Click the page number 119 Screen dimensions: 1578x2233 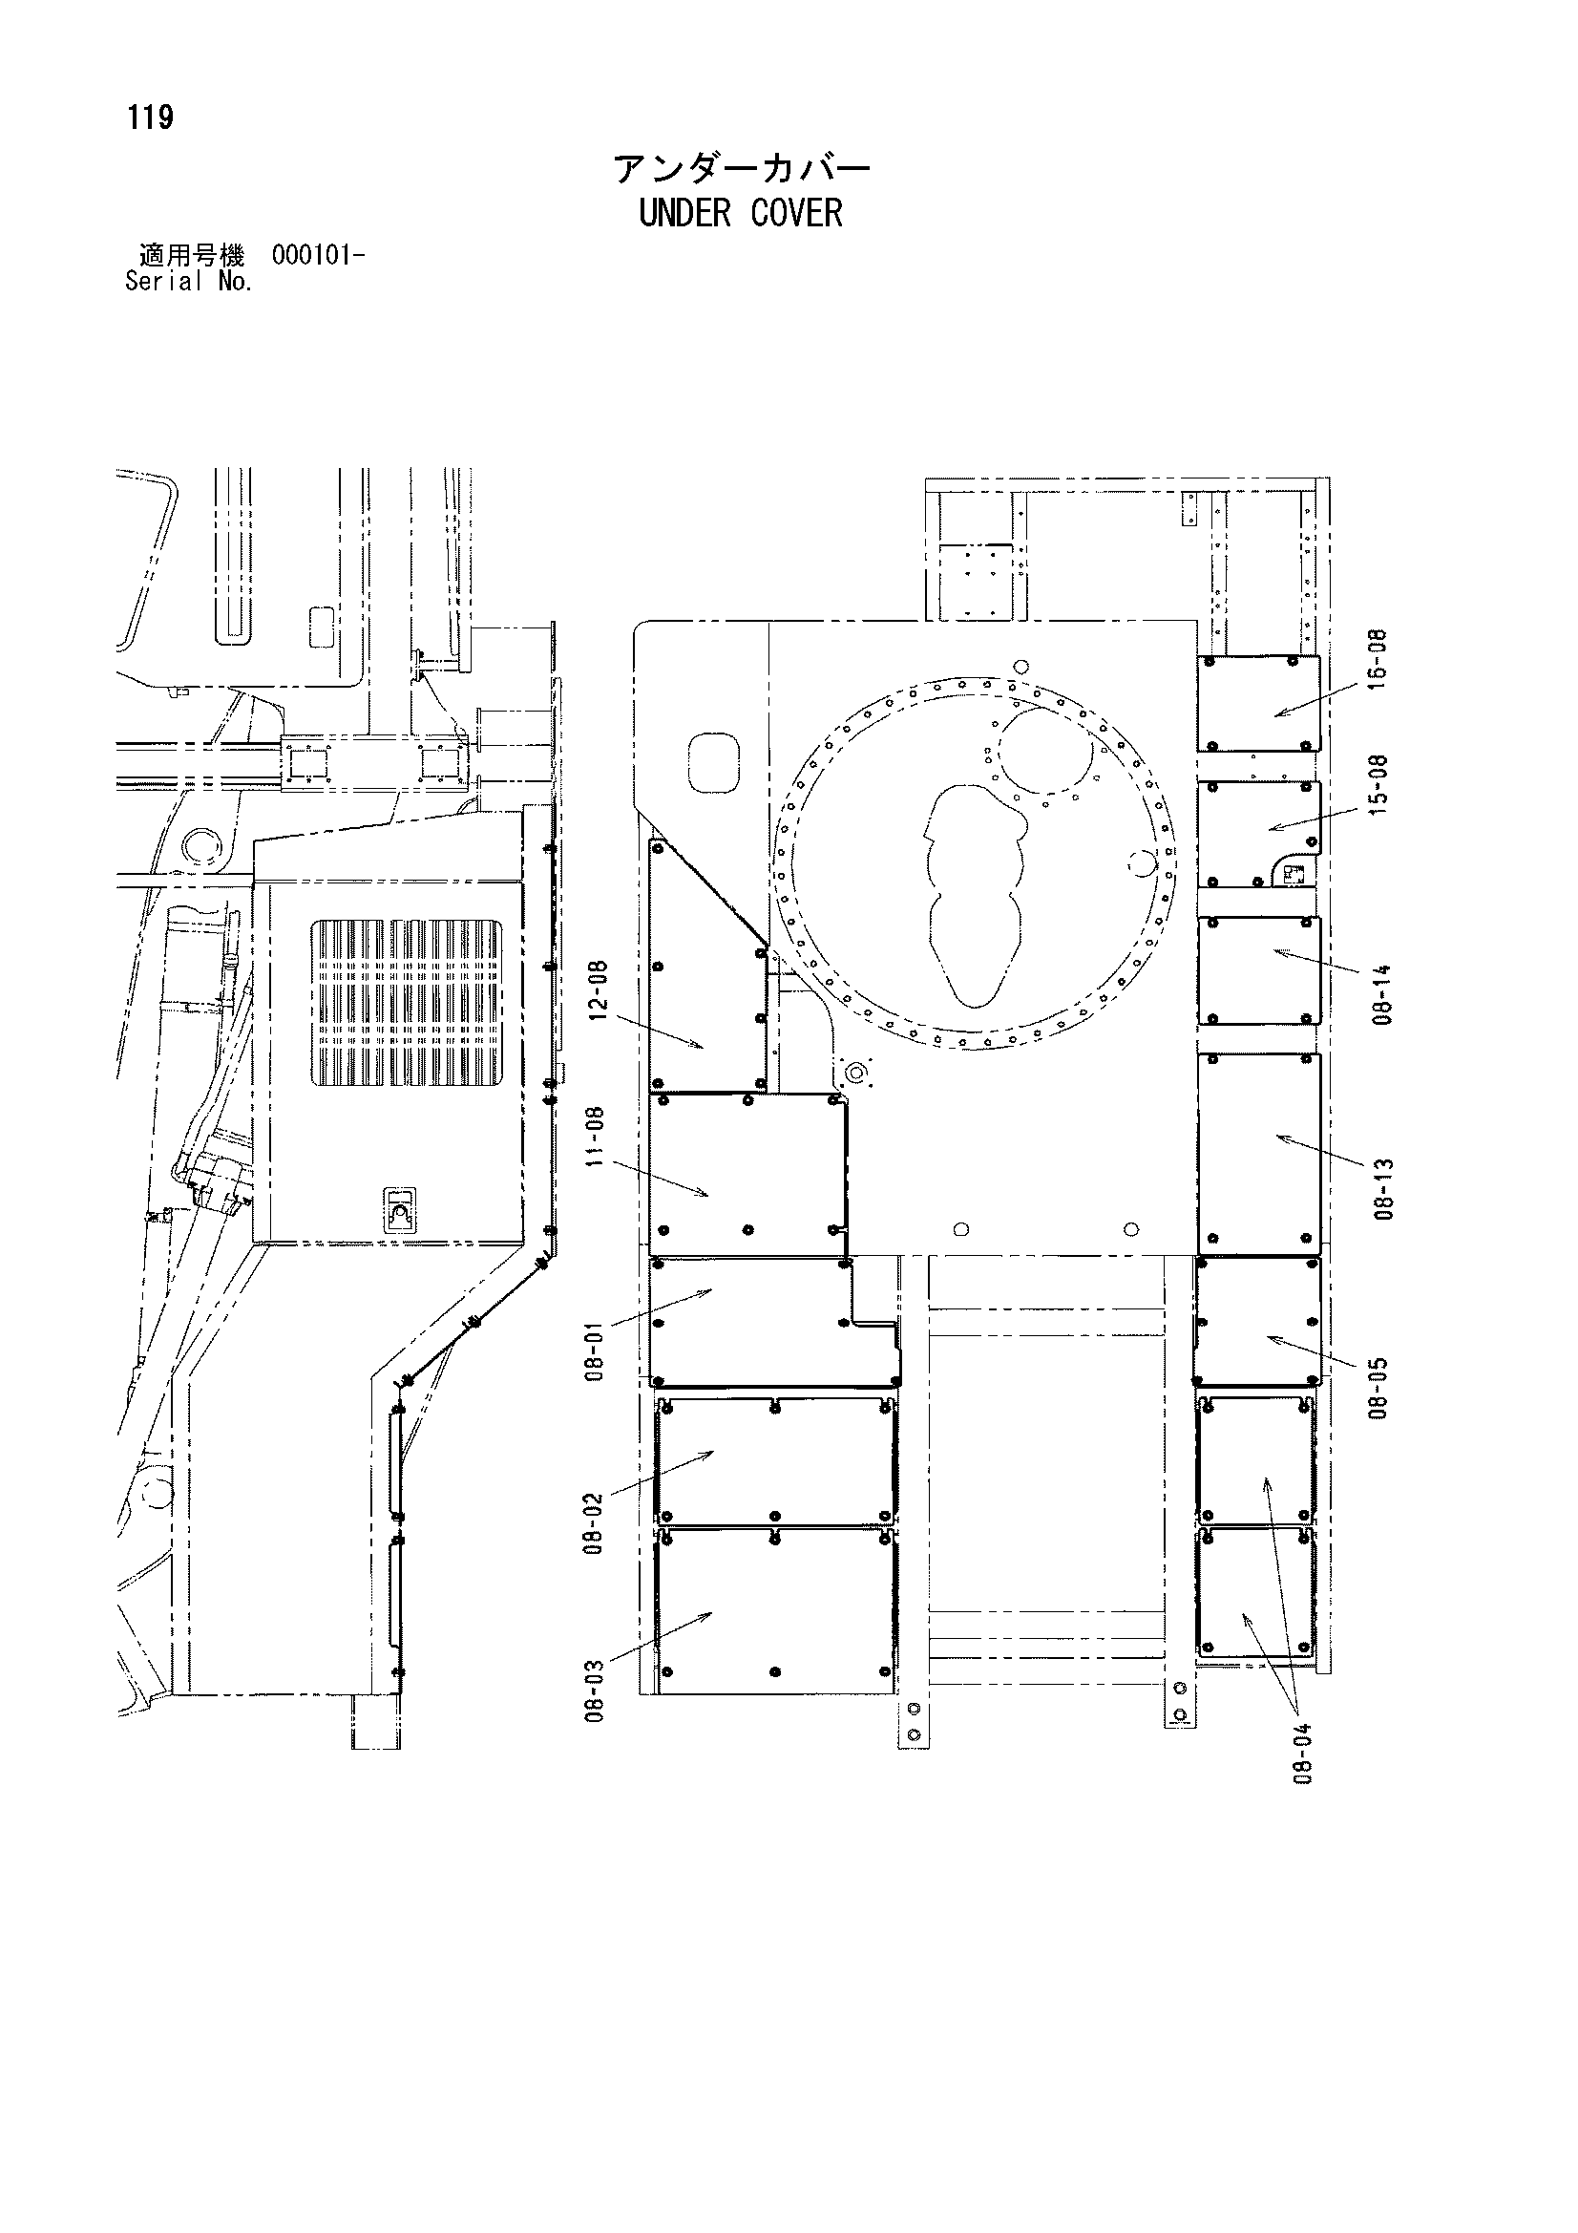tap(150, 118)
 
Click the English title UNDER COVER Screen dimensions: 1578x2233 tap(741, 213)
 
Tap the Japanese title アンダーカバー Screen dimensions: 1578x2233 tap(741, 169)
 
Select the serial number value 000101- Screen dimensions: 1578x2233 tap(319, 257)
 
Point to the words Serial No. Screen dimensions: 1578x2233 tap(189, 282)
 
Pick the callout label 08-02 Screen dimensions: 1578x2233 tap(595, 1524)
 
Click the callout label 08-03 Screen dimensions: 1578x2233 tap(595, 1691)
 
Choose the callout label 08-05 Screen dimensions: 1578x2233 tap(1378, 1388)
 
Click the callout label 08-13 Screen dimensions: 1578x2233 tap(1385, 1188)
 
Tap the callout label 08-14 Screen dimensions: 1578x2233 tap(1385, 994)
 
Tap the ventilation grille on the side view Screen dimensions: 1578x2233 tap(408, 1003)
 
